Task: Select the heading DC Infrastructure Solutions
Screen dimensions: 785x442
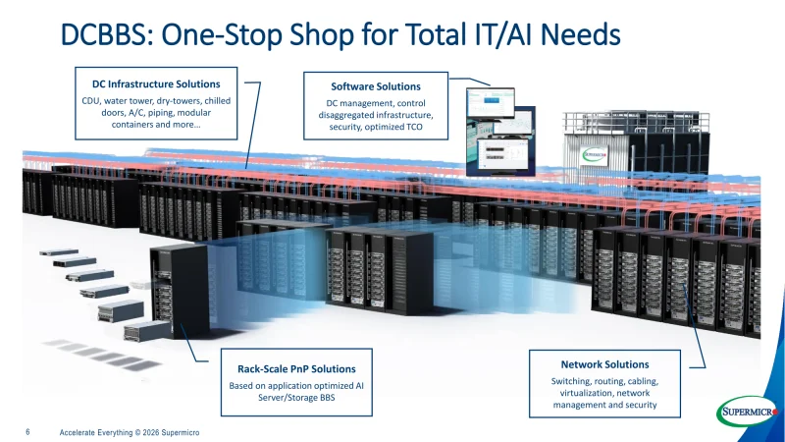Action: click(156, 84)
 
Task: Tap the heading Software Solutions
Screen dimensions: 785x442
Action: click(376, 86)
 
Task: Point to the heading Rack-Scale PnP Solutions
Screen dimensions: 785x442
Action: click(296, 369)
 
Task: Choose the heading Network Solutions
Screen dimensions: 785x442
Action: click(604, 364)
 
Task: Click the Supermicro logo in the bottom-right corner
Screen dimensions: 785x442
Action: click(748, 411)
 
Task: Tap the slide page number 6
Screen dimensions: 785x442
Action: click(27, 431)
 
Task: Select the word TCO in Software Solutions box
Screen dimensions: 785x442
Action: click(413, 127)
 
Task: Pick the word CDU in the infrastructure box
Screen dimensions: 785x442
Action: click(90, 101)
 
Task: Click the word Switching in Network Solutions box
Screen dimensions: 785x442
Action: click(571, 381)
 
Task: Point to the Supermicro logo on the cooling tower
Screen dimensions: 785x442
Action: click(595, 155)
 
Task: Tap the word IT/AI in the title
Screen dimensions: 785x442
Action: click(498, 34)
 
